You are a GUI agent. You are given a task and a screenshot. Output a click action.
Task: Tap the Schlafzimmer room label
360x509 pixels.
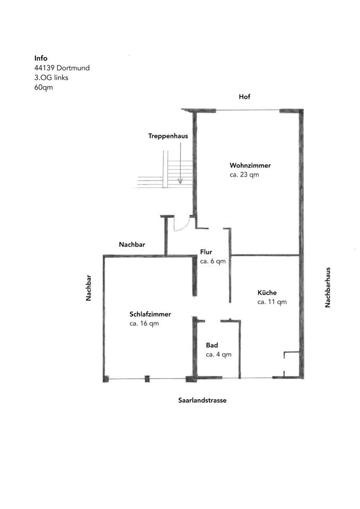click(x=150, y=313)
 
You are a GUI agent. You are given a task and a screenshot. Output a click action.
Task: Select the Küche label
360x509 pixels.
click(x=267, y=292)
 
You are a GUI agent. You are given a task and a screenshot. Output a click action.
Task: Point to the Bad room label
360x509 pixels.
click(x=212, y=345)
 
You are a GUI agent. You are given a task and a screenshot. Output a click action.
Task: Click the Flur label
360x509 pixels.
click(x=206, y=251)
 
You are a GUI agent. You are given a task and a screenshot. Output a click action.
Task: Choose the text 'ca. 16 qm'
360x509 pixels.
click(x=144, y=323)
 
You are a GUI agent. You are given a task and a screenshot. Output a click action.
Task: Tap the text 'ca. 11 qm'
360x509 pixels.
click(x=272, y=302)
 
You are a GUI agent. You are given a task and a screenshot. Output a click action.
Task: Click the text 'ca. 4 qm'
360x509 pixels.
click(x=218, y=354)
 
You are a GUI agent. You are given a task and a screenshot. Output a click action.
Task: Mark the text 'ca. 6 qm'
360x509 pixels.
click(x=213, y=261)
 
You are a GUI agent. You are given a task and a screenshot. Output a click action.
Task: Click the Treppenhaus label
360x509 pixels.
click(x=168, y=136)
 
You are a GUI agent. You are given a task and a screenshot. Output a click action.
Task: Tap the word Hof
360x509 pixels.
click(x=244, y=96)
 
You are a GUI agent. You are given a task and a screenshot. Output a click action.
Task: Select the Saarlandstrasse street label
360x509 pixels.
click(x=202, y=400)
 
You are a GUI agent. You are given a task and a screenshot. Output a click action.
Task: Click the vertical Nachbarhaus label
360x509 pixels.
click(x=328, y=287)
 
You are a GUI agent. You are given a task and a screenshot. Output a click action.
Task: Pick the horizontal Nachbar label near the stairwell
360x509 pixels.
click(x=132, y=244)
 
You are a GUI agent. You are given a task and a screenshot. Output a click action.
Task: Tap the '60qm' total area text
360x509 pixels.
click(x=43, y=87)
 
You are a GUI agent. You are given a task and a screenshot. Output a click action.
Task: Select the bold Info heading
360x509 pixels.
click(x=41, y=58)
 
